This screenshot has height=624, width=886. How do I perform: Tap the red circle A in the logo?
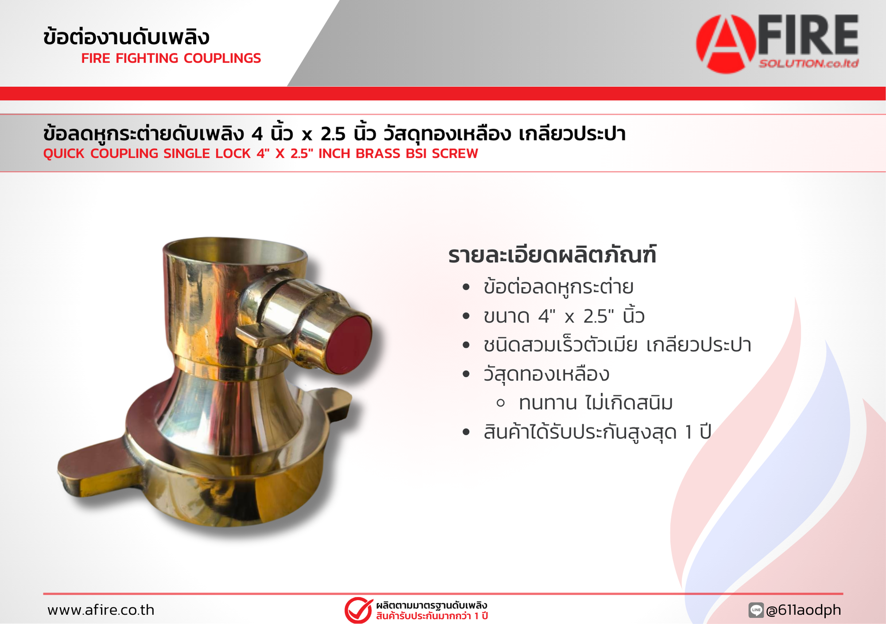[x=725, y=44]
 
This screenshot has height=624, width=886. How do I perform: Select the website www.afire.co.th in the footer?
[x=101, y=610]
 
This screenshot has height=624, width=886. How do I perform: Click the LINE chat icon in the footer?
[x=756, y=610]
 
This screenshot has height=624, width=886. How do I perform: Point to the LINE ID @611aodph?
[x=803, y=610]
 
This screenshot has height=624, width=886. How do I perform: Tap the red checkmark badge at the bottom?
[x=358, y=610]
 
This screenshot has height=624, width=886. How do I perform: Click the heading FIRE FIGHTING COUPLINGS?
[x=171, y=58]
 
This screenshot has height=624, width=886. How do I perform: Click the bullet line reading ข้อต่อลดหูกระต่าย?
[x=558, y=287]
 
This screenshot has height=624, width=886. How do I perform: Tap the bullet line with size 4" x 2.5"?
[x=564, y=316]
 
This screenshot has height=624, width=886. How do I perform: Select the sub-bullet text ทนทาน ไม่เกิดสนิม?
[x=596, y=403]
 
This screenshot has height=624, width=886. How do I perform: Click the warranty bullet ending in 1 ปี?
[x=597, y=432]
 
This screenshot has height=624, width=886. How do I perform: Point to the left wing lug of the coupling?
[x=91, y=465]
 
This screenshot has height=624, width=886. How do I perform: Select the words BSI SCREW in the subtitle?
[x=455, y=153]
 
